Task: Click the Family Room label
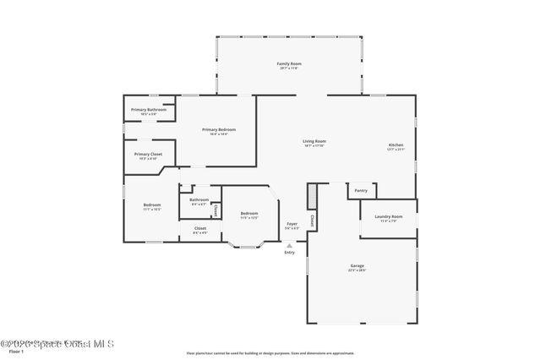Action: pos(290,65)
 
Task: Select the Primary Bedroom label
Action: pos(218,130)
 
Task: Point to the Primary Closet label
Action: pos(148,155)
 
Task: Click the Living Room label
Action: pos(314,142)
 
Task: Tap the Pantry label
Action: pos(361,191)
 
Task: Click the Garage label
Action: pos(358,267)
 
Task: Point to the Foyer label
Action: pos(292,225)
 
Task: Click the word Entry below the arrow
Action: pos(290,252)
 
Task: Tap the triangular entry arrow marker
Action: pos(290,245)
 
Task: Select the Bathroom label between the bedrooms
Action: pos(199,201)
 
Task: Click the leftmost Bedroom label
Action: pos(152,207)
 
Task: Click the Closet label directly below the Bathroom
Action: pos(199,229)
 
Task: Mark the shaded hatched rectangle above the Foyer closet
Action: pos(312,196)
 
